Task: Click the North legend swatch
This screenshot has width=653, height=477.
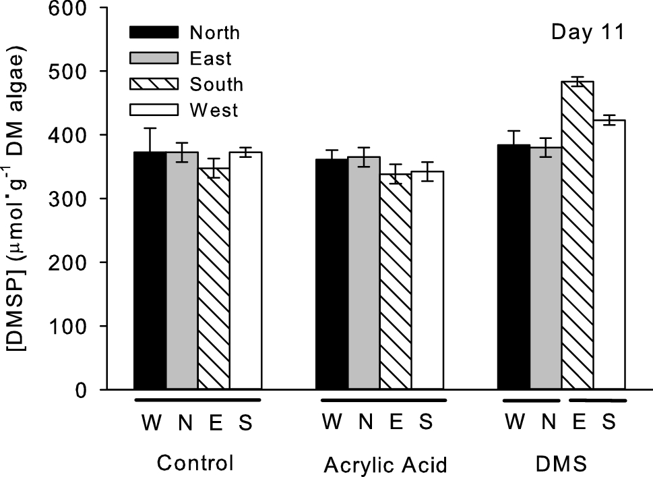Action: click(154, 32)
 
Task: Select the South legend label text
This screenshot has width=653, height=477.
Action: click(216, 84)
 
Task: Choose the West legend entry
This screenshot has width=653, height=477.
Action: click(214, 109)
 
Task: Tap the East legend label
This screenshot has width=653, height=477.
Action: click(210, 59)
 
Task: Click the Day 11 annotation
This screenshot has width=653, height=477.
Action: click(586, 32)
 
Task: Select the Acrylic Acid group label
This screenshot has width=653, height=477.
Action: click(385, 466)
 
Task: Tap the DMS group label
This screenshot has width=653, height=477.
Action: click(561, 464)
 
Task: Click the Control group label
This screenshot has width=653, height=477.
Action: click(195, 464)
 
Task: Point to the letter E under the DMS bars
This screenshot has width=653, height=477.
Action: click(578, 422)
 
